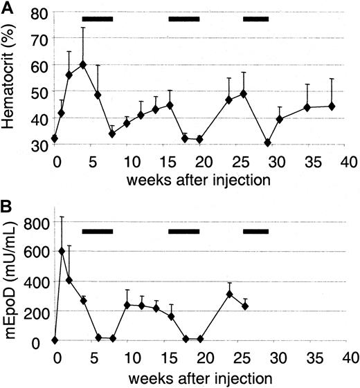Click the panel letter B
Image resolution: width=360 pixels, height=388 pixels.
tap(8, 205)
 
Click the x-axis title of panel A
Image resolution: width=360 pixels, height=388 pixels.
tap(203, 180)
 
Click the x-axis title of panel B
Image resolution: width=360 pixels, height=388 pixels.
tap(203, 378)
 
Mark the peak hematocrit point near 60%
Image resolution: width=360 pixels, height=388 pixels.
tap(83, 64)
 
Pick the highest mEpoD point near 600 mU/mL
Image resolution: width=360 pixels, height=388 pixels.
tap(62, 251)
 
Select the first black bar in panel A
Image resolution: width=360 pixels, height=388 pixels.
tap(97, 19)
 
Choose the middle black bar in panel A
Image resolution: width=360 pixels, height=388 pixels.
tap(184, 19)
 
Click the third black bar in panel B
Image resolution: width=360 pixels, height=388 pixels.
tap(255, 230)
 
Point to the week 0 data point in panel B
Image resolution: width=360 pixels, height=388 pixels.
tap(55, 340)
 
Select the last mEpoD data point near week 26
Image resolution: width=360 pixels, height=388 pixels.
tap(245, 306)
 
